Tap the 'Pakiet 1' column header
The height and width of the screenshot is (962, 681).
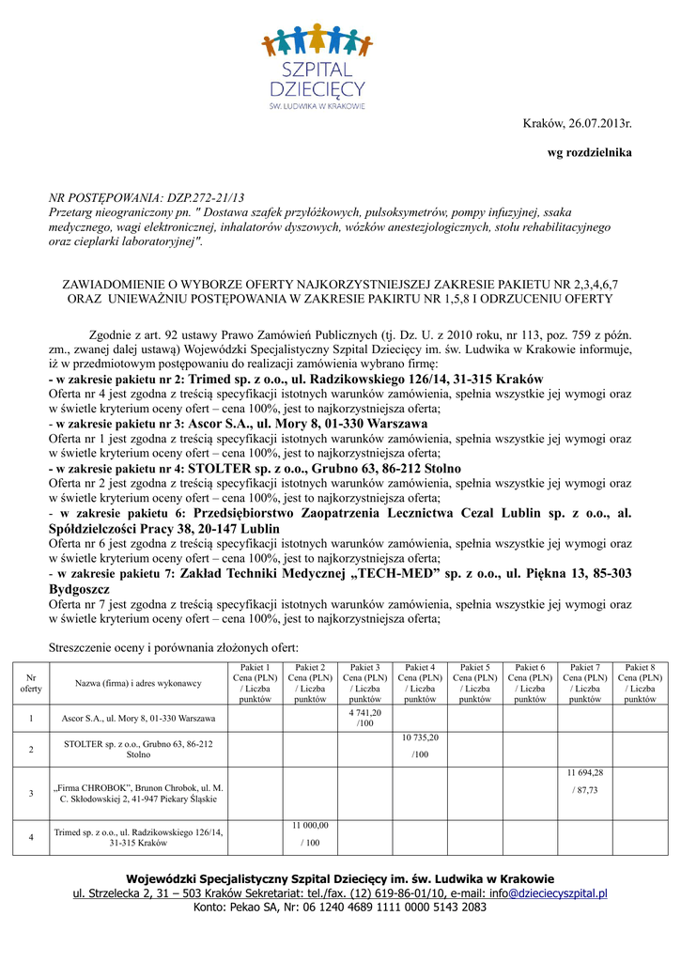pyautogui.click(x=255, y=683)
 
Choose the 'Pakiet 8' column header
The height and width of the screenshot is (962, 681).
pyautogui.click(x=641, y=683)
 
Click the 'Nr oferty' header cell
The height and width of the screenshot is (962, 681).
pyautogui.click(x=31, y=683)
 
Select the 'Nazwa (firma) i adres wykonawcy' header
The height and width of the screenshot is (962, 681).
pyautogui.click(x=138, y=683)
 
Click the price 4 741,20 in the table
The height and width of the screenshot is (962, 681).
pyautogui.click(x=364, y=718)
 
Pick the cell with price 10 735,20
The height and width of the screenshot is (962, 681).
pyautogui.click(x=420, y=746)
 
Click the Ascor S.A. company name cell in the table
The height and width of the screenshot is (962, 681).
pyautogui.click(x=138, y=719)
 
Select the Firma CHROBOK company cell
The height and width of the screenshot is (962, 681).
pyautogui.click(x=138, y=793)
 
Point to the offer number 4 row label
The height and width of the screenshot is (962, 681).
pyautogui.click(x=31, y=837)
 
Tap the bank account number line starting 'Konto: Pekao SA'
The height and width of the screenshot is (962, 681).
pyautogui.click(x=340, y=908)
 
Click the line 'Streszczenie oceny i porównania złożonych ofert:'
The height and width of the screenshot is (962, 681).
pyautogui.click(x=173, y=647)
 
